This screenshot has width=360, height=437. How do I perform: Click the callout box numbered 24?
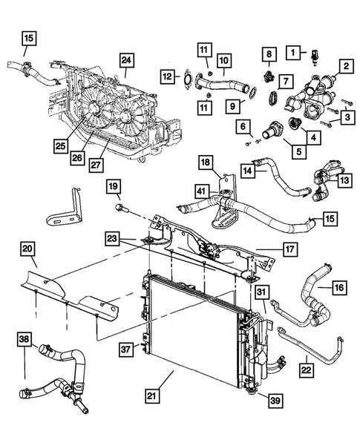point(127,61)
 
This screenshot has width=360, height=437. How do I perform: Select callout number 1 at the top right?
point(295,52)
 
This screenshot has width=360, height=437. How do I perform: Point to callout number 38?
point(24,341)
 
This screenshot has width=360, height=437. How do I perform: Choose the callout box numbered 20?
point(27,249)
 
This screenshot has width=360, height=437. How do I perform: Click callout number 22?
point(306,367)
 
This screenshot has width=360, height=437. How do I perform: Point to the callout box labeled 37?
point(127,347)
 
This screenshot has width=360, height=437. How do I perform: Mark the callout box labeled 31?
point(261,292)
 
